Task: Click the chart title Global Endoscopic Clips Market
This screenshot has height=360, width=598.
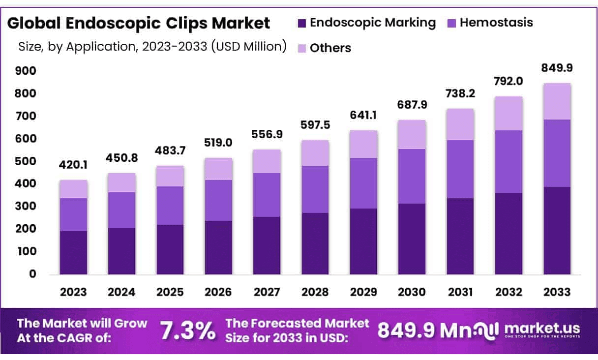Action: (138, 23)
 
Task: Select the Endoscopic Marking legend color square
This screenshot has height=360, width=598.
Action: (302, 23)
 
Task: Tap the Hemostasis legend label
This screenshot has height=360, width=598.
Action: (496, 23)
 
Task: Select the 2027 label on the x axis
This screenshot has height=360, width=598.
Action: (267, 292)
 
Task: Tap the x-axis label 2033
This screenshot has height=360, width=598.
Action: (557, 292)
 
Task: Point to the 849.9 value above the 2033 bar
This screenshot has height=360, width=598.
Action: (557, 67)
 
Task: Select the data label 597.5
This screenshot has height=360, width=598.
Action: (315, 124)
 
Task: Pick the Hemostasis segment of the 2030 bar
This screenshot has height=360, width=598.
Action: (412, 176)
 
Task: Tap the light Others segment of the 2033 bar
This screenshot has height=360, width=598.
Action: (557, 101)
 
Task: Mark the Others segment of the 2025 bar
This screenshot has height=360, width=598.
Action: (170, 176)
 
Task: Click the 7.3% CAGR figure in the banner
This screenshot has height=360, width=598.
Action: (188, 330)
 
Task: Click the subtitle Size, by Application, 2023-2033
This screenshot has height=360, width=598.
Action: (152, 47)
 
